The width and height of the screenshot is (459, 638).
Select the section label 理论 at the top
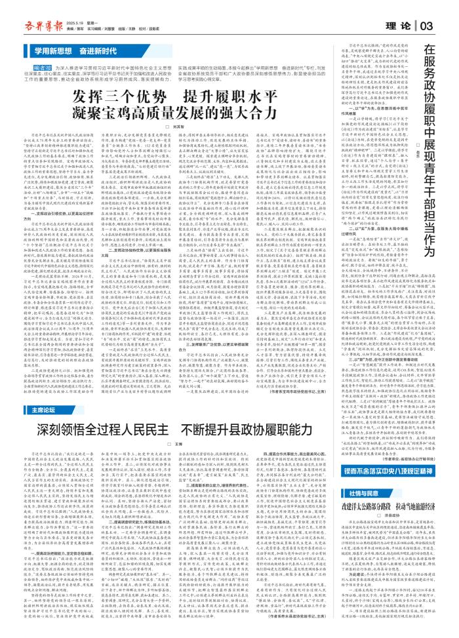(400, 25)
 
